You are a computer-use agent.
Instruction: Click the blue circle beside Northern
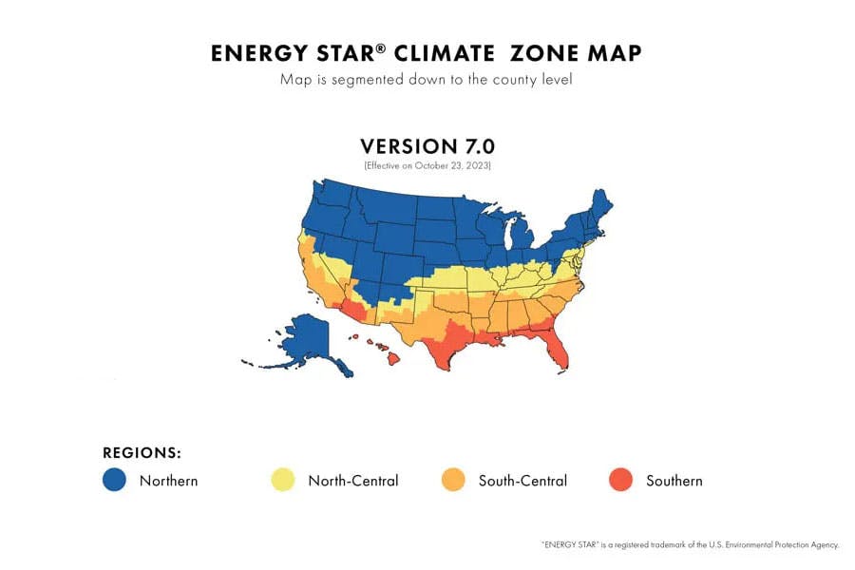(114, 481)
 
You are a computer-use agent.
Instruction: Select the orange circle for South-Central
(453, 481)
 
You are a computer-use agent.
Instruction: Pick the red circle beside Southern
(620, 481)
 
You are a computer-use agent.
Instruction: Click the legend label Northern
(168, 481)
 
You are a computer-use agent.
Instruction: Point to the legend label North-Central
(352, 481)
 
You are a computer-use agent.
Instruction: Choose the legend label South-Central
(522, 481)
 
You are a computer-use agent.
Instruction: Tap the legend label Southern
(674, 481)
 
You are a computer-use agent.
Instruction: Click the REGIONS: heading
(142, 453)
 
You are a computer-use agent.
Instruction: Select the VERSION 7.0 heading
(427, 146)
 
